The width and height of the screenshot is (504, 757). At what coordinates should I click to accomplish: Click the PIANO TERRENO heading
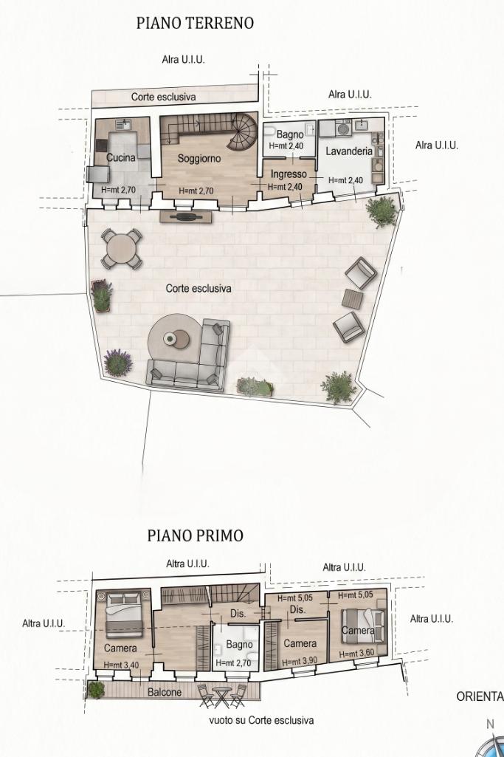coord(195,23)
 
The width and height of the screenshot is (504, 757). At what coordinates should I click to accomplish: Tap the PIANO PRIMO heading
coord(196,535)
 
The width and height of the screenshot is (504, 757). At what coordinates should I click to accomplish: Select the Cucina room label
coord(120,157)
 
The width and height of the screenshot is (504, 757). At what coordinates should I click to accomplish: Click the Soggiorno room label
coord(199,158)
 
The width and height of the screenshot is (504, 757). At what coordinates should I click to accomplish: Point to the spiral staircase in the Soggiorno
coord(243,131)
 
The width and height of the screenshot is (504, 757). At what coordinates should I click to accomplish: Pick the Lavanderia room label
coord(349,151)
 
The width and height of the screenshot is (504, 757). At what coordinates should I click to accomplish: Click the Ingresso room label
coord(289,174)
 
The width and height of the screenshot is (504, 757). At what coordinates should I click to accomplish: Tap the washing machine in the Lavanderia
coord(345,129)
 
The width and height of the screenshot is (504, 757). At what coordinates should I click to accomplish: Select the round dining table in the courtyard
coord(122,248)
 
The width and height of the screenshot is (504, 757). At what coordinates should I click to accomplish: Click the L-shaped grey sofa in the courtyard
coord(193,357)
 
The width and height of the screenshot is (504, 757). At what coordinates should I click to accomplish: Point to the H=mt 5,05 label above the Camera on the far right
coord(356,596)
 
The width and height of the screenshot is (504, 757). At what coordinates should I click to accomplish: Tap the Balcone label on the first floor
coord(165,692)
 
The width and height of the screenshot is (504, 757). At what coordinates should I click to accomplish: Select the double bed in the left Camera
coord(125,613)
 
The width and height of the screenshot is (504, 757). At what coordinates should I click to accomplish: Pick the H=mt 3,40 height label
coord(120,665)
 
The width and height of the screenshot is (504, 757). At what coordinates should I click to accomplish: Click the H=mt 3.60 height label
coord(357,654)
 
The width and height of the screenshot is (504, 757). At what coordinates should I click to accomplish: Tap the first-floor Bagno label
coord(239,645)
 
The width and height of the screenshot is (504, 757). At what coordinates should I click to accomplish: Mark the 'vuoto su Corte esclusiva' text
coord(261,720)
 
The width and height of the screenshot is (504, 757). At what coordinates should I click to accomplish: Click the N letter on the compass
coord(491,724)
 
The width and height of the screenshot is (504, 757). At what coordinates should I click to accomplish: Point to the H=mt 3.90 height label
coord(300,662)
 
